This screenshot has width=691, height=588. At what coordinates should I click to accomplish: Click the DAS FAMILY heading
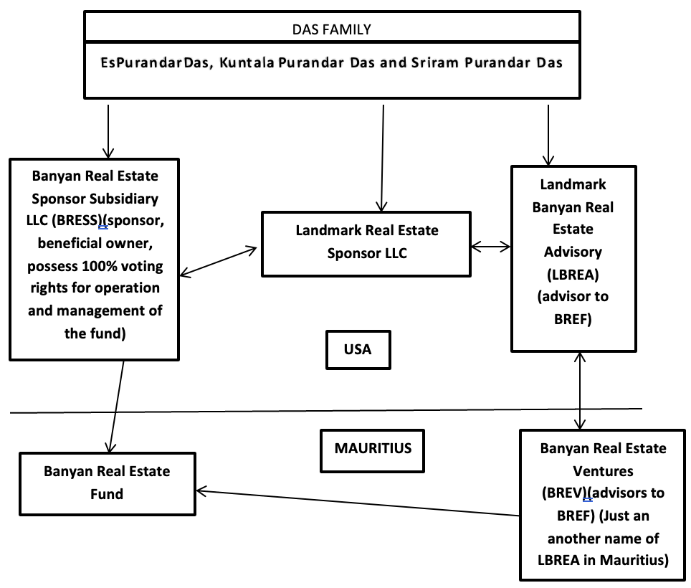331,29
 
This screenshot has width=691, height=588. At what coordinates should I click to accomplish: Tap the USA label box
358,349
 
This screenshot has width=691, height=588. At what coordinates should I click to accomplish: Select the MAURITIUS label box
373,450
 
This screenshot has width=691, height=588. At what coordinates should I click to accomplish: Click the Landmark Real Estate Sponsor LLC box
366,244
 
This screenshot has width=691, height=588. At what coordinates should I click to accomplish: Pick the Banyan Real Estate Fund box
108,483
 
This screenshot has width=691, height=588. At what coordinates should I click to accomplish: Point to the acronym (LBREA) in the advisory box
573,275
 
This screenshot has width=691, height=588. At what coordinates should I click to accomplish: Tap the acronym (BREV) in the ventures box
565,493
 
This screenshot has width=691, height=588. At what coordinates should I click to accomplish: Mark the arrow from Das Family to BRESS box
108,131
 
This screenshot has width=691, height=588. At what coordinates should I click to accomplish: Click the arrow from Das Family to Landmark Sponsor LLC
382,158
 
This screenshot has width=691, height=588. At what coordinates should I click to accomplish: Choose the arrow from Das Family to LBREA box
548,136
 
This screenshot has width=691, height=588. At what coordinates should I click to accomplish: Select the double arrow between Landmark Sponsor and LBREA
491,247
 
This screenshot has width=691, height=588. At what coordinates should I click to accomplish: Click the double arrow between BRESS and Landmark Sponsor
219,262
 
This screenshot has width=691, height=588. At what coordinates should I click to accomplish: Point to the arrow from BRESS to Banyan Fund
116,407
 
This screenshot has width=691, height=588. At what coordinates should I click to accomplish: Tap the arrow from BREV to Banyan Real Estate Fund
358,503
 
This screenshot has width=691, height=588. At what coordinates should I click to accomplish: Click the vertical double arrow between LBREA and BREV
580,391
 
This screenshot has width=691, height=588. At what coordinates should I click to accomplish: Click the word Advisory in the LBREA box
573,252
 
